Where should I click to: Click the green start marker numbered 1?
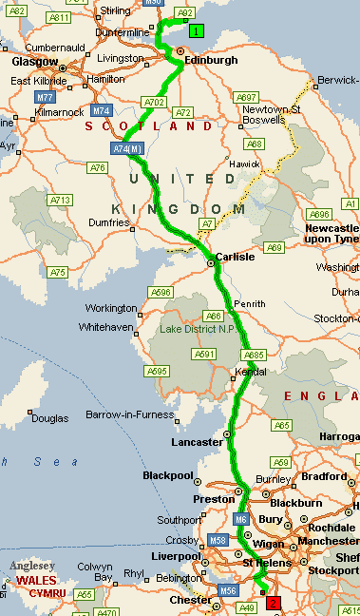pos(195,31)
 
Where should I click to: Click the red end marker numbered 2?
pos(275,603)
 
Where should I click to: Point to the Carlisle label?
pos(236,257)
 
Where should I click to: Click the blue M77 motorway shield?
pos(46,97)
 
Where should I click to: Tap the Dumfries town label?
pos(107,222)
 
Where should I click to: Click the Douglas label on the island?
pos(49,417)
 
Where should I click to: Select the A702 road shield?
pos(154,102)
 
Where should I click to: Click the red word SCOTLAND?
pos(149,125)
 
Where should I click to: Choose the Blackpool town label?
pos(167,475)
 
